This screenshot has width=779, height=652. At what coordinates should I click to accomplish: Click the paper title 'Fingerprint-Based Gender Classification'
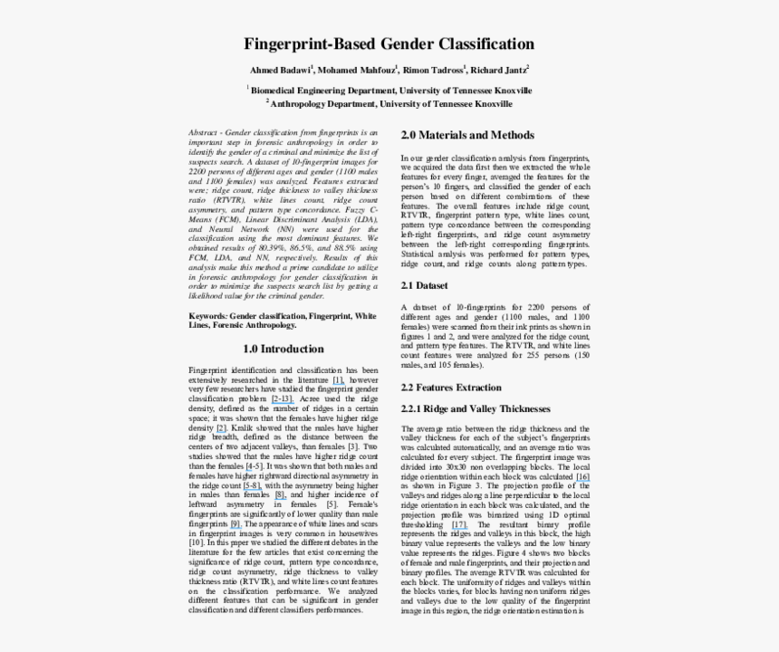point(389,43)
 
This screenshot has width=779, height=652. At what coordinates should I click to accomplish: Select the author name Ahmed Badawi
point(281,70)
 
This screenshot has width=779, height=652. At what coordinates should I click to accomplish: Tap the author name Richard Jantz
point(499,70)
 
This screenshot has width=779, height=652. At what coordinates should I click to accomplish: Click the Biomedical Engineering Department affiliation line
point(390,91)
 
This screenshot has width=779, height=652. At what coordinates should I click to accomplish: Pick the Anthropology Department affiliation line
point(390,104)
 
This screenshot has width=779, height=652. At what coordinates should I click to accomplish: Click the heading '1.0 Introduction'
point(284,349)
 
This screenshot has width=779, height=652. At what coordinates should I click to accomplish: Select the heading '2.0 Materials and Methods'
point(467,135)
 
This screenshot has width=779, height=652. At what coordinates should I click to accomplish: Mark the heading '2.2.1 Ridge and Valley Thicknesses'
point(476,408)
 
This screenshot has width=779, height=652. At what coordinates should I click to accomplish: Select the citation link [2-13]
point(282,398)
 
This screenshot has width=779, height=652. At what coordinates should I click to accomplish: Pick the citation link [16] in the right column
point(582,476)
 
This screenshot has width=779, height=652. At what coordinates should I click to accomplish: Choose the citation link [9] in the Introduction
point(235,523)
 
